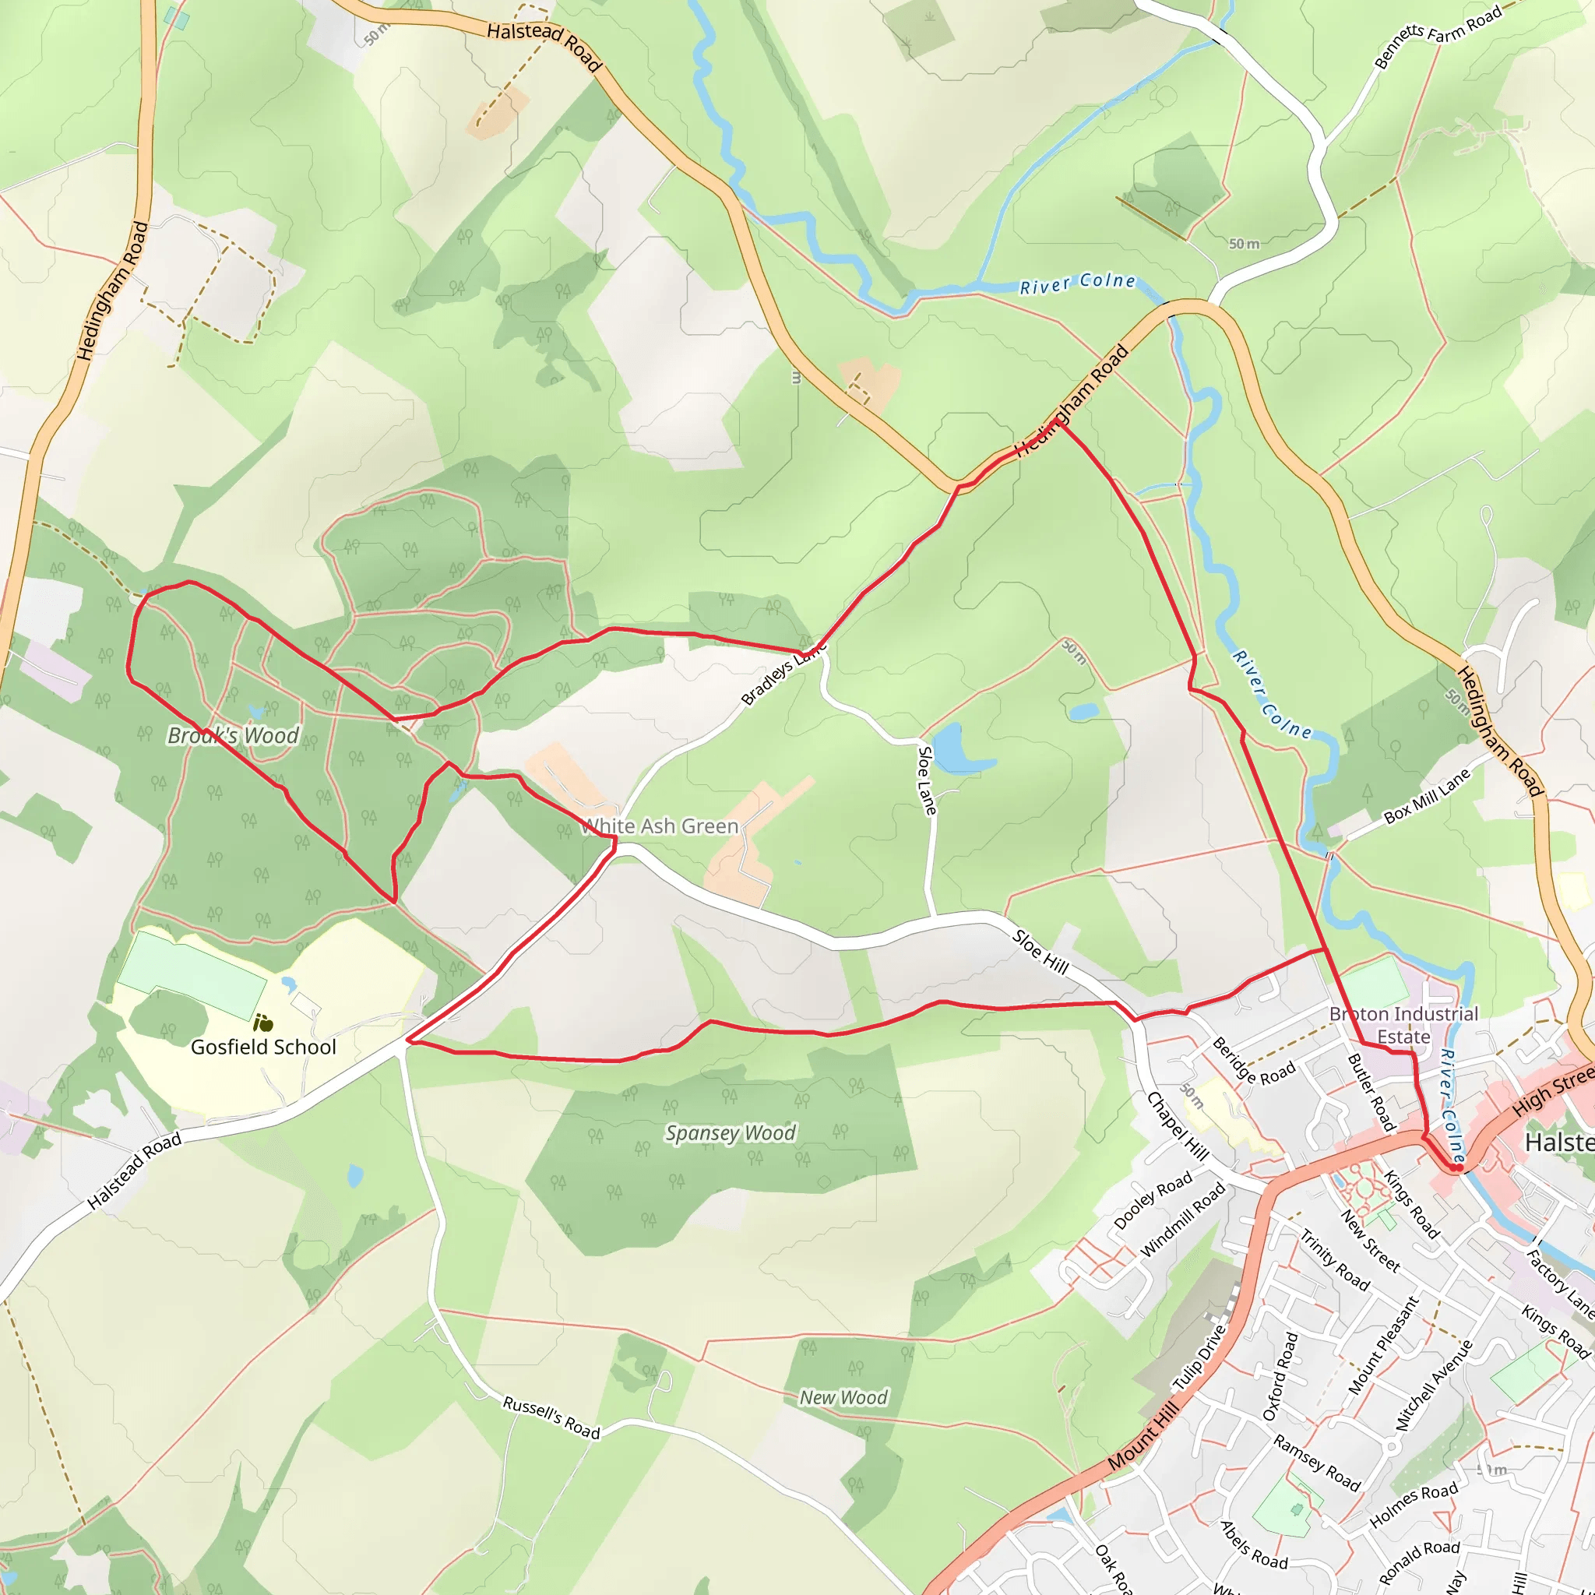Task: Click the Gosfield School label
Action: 263,1047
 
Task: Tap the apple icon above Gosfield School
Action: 263,1023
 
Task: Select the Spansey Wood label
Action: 731,1132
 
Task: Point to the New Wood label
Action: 843,1397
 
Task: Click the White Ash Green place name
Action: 660,826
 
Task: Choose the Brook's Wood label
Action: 233,735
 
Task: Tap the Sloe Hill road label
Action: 1041,952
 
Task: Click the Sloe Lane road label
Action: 927,780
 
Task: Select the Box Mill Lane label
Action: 1427,797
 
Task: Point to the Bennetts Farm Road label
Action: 1438,37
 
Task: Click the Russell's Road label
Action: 551,1417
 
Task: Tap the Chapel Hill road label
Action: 1178,1126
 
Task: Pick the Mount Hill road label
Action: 1143,1436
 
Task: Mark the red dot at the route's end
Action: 1458,1168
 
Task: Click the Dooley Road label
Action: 1153,1200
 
